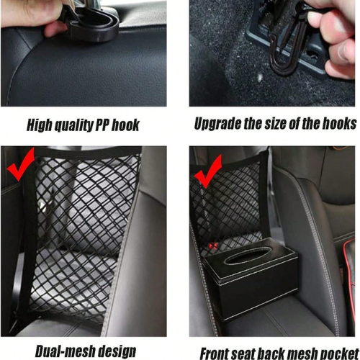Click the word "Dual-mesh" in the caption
tap(66, 351)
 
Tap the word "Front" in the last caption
tap(215, 354)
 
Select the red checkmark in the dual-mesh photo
tap(21, 164)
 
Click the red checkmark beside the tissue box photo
tap(208, 171)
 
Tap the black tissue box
tap(251, 279)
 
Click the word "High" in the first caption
tap(40, 125)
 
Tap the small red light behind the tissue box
tap(213, 246)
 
